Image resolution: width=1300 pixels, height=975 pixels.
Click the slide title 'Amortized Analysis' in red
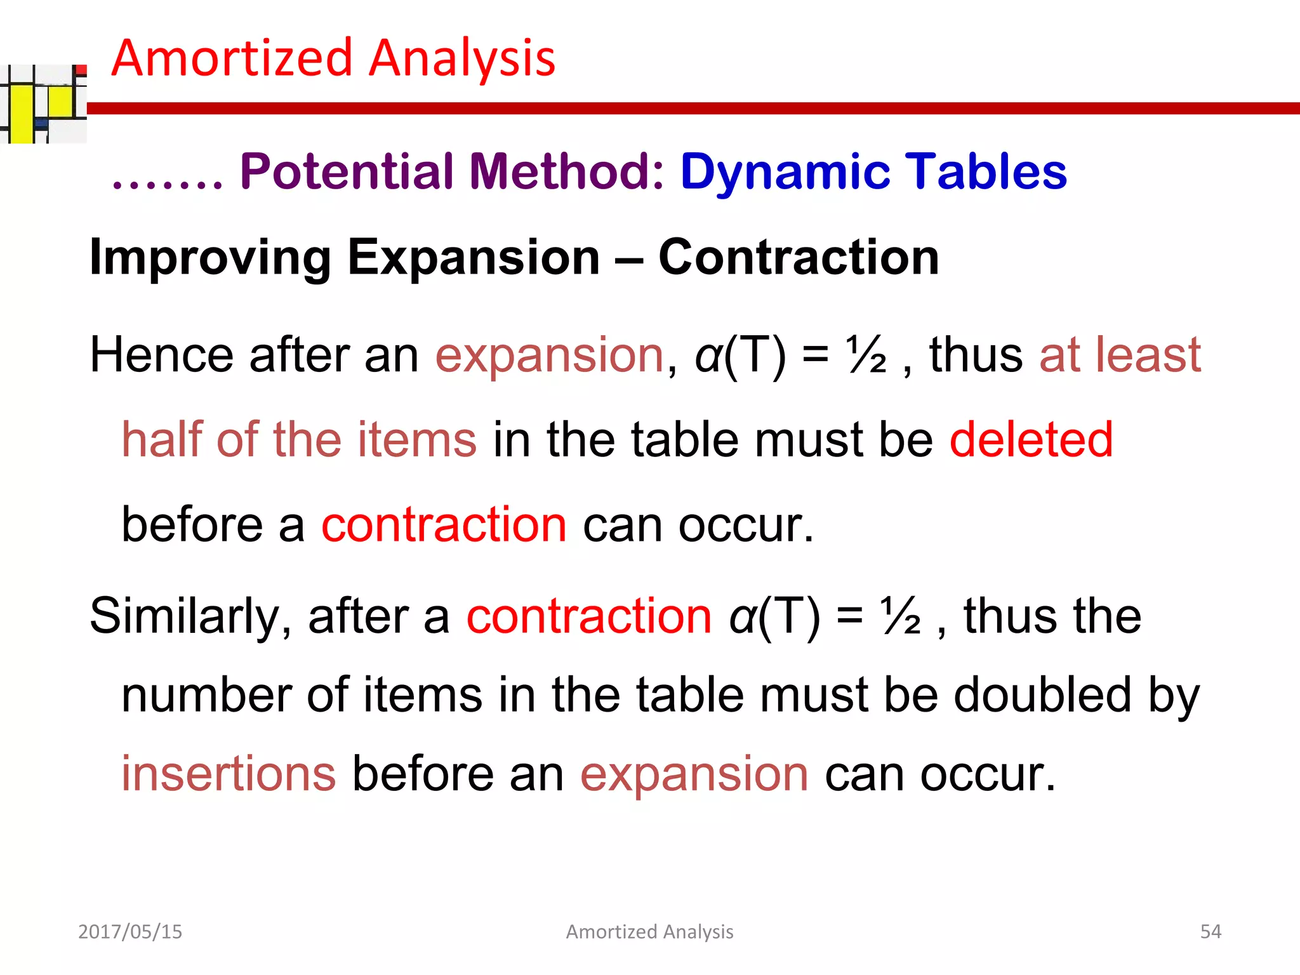click(333, 58)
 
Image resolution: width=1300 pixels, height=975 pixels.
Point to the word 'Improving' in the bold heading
click(209, 258)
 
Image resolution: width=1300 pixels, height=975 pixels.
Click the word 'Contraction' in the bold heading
click(799, 258)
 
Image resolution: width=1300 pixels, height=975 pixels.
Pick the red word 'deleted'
click(1031, 439)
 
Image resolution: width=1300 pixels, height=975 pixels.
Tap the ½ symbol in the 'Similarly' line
click(900, 616)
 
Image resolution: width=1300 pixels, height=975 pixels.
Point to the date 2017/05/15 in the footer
click(130, 931)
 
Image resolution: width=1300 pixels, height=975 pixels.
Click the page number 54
click(1210, 931)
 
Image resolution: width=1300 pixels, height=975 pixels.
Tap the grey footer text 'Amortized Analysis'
click(649, 931)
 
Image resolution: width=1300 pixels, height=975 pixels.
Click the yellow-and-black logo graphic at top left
click(42, 104)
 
